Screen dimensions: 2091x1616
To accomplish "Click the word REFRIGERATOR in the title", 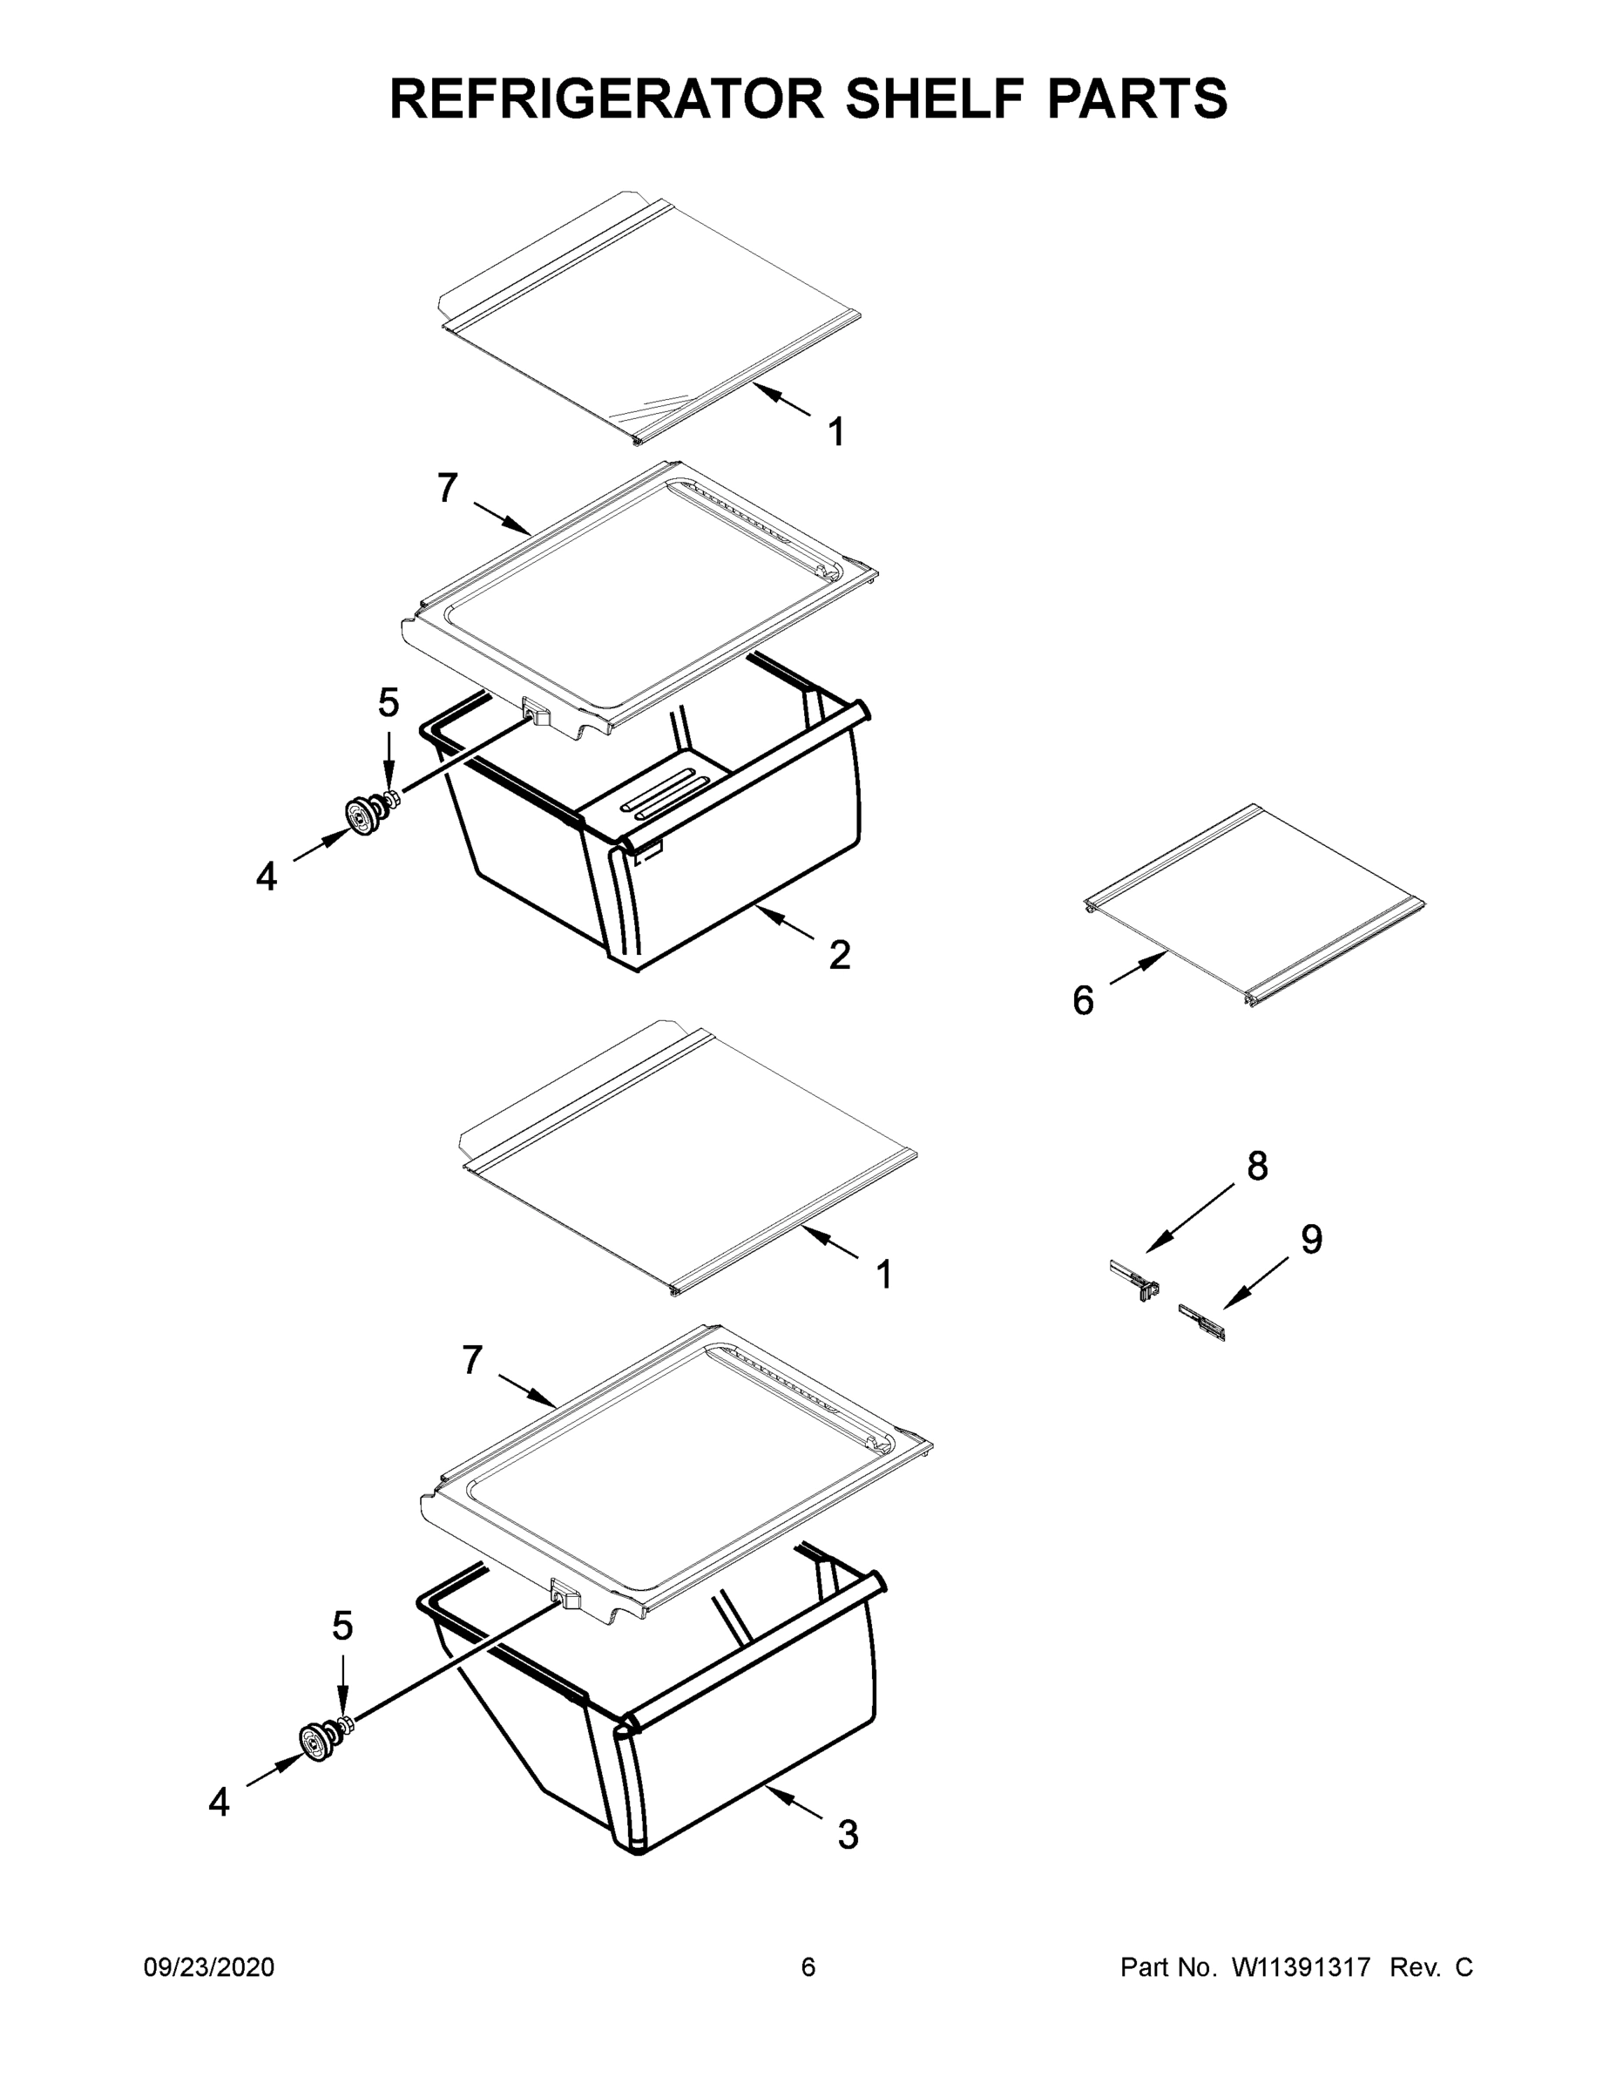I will click(x=606, y=98).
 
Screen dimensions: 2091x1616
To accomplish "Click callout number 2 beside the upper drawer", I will click(x=840, y=955).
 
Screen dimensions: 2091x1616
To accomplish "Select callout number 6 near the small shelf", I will click(x=1083, y=1000).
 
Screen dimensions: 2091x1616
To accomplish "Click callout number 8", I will click(x=1257, y=1165).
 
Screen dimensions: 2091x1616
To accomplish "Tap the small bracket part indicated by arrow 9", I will click(x=1202, y=1323).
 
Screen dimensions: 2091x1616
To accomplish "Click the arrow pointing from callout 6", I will click(x=1139, y=969).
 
